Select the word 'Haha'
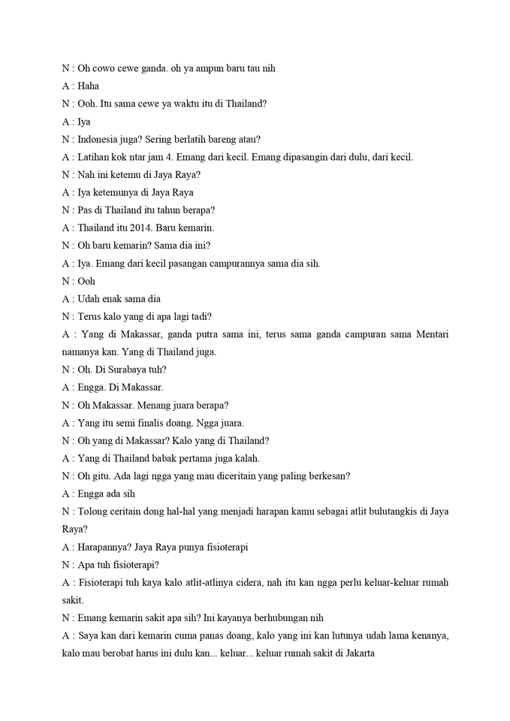(x=88, y=86)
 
